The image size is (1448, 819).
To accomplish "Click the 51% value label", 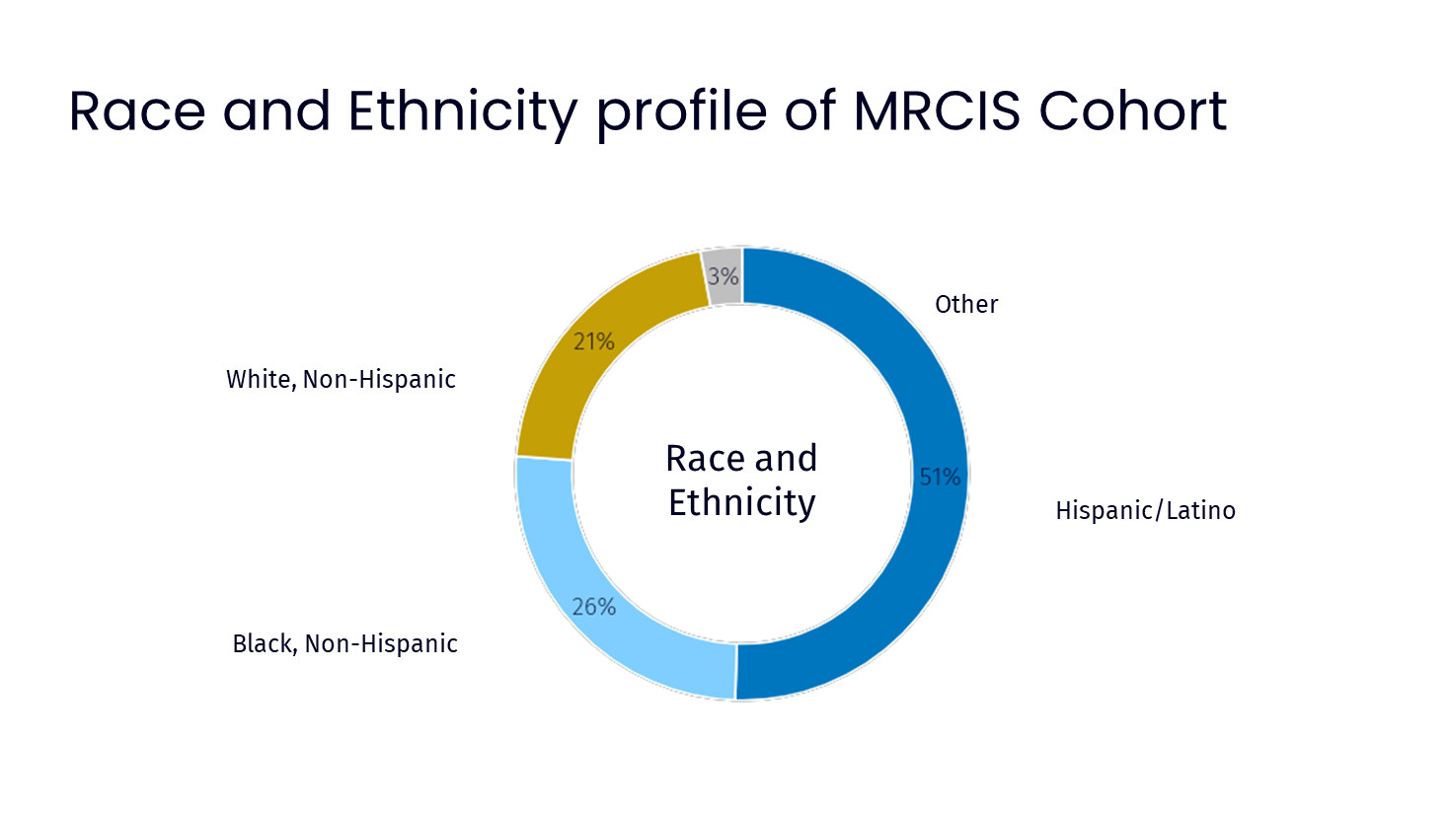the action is (x=940, y=477).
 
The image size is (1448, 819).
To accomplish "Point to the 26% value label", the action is (x=593, y=607).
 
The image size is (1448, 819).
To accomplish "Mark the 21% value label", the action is (x=593, y=341).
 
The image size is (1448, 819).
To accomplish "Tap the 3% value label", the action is (x=723, y=276).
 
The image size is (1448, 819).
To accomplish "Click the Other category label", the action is (x=966, y=305).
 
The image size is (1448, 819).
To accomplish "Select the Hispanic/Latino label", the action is (x=1146, y=511).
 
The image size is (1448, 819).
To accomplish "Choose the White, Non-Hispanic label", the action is (x=341, y=380).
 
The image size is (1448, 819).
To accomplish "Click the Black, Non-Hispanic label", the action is (x=345, y=643).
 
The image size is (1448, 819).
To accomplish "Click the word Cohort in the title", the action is (x=1132, y=110).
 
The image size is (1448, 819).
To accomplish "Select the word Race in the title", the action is (x=137, y=112).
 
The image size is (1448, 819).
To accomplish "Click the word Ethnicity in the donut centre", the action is (x=742, y=503).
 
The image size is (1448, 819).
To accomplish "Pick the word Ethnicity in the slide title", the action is (x=462, y=113).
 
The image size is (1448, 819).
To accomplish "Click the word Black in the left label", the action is (x=263, y=643).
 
